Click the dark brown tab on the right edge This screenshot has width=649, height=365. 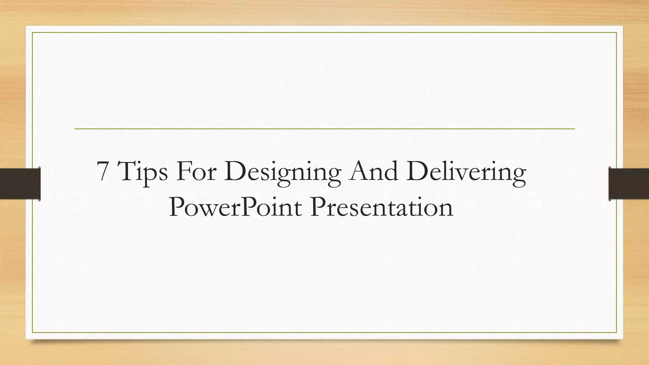click(x=629, y=184)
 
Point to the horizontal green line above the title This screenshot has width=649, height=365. click(x=324, y=129)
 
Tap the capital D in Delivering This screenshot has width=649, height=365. click(x=418, y=171)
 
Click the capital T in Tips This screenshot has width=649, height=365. click(x=128, y=171)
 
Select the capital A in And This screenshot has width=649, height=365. click(x=358, y=171)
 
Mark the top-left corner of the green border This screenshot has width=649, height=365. click(x=32, y=32)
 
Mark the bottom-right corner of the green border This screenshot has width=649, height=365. click(x=616, y=332)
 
